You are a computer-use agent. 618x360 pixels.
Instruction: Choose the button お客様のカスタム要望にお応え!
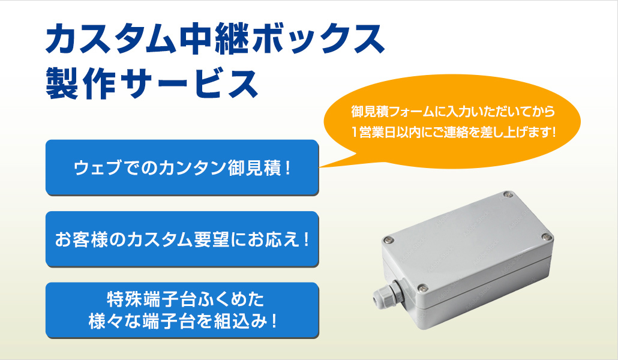[182, 239]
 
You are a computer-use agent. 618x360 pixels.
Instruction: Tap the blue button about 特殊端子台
[182, 310]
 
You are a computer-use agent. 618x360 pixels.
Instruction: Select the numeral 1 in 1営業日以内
[355, 132]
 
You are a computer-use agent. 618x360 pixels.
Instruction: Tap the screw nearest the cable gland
[423, 288]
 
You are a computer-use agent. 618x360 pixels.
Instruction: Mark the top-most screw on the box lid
[508, 194]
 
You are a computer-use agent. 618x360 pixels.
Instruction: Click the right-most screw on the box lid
[546, 236]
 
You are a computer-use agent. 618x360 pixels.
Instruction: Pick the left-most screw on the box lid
[389, 239]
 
